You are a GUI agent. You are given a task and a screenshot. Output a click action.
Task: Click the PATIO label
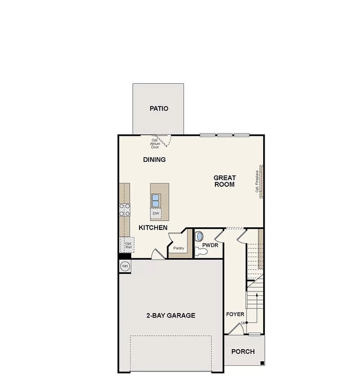click(158, 109)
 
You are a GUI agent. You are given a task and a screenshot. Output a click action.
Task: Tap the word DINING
click(155, 160)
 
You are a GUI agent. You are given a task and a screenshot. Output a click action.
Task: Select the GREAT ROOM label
click(225, 181)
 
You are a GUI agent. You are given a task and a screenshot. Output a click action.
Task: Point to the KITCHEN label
click(153, 228)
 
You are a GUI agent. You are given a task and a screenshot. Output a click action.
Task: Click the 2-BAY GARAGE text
click(171, 315)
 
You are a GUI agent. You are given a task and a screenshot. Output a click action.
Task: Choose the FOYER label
click(235, 314)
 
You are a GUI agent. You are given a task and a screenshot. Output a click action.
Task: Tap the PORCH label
click(243, 351)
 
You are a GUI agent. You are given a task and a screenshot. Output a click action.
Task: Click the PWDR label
click(210, 244)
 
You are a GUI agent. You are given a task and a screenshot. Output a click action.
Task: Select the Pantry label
click(178, 248)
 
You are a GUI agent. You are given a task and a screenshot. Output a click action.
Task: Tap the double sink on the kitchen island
click(156, 199)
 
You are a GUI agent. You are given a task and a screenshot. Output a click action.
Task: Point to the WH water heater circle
click(125, 267)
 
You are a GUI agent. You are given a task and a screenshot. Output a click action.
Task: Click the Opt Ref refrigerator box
click(127, 244)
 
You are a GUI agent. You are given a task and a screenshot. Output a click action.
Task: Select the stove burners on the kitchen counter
click(125, 209)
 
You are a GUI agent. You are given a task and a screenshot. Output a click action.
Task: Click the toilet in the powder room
click(202, 252)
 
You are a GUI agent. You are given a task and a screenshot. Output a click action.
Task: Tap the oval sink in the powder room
click(199, 236)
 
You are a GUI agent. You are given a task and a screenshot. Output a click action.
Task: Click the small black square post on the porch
click(262, 363)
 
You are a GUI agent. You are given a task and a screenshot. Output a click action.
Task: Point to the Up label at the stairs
click(243, 323)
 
